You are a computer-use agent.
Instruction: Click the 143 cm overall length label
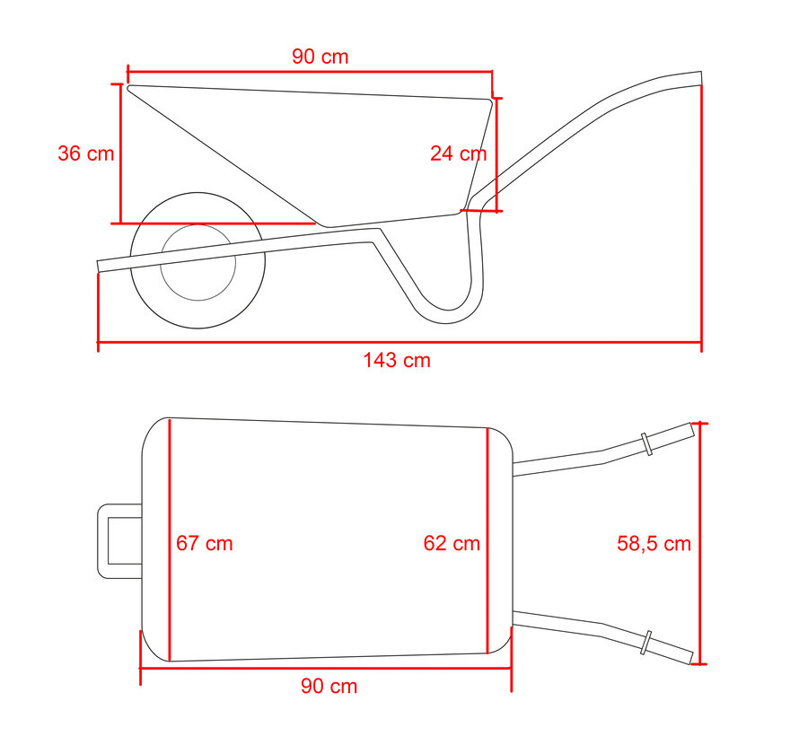point(396,361)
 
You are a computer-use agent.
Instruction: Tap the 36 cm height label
point(86,153)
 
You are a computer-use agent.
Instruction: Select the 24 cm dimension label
point(458,153)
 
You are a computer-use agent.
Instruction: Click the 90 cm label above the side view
point(320,57)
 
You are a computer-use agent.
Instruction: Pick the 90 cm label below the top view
point(329,687)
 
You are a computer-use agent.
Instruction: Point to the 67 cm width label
point(204,544)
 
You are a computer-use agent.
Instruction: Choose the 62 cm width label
point(452,544)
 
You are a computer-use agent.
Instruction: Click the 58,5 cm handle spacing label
point(654,543)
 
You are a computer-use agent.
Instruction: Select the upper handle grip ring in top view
point(646,444)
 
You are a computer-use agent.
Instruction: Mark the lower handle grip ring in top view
point(645,643)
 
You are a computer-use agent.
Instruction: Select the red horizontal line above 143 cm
point(399,342)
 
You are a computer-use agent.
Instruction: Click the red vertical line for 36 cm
point(120,153)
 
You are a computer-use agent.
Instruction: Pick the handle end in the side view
point(691,80)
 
